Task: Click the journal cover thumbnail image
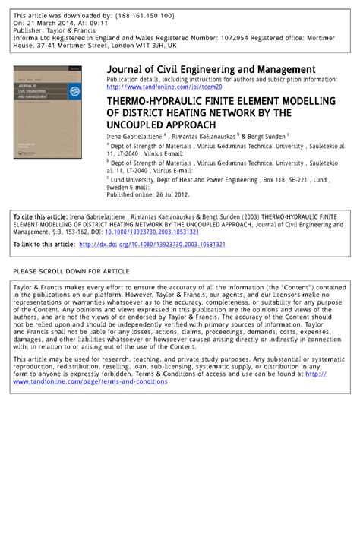tap(46, 111)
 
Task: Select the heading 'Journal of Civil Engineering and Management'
tap(211, 69)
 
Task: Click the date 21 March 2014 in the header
tap(50, 23)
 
